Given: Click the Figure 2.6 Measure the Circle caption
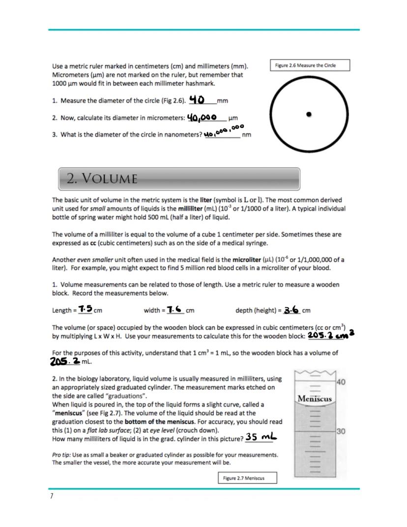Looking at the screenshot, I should point(310,65).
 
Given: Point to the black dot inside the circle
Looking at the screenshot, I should point(309,115).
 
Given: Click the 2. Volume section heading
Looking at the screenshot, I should point(102,178).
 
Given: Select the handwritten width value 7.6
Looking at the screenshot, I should point(175,309).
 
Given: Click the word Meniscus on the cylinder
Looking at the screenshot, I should point(315,399).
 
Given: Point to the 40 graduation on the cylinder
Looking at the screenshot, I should point(342,382).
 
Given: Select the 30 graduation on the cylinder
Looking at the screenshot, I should point(341,431).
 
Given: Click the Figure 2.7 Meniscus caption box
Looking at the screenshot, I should point(247,478).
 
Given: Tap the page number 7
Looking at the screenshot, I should point(51,496).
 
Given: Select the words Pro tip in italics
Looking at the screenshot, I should point(63,454).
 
